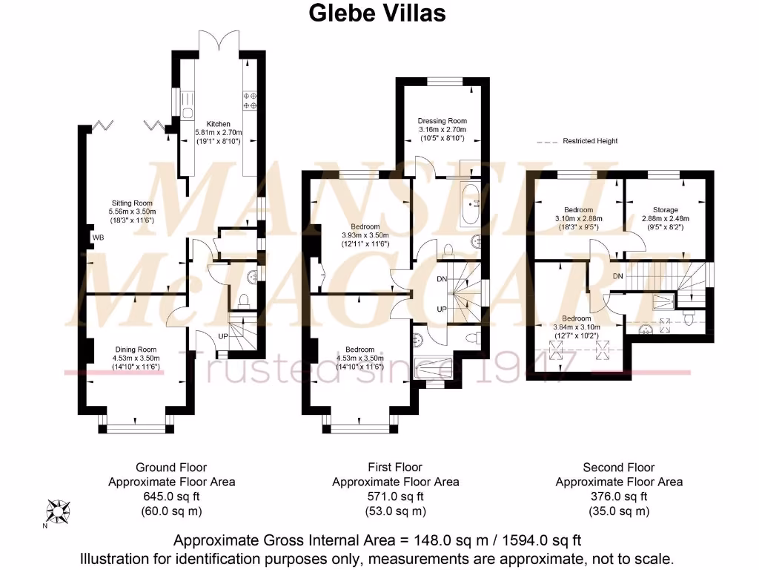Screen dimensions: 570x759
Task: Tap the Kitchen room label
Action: pos(218,123)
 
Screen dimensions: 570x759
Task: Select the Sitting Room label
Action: pos(132,203)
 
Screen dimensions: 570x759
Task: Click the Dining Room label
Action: pos(136,349)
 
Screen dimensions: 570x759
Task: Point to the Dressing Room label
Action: pos(443,121)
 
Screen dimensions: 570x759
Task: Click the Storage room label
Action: pos(665,210)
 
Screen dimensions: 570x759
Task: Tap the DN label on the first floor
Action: pos(442,279)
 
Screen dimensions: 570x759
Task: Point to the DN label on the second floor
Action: pos(618,276)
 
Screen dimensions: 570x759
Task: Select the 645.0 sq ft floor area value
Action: pos(171,497)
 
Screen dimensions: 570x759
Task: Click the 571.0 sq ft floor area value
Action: pos(395,497)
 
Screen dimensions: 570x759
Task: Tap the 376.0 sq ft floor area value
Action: pos(619,497)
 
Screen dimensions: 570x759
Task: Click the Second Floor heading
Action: pos(619,468)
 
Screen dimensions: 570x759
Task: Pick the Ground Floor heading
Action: pos(171,468)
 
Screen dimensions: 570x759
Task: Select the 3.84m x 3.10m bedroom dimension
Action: pos(577,327)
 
